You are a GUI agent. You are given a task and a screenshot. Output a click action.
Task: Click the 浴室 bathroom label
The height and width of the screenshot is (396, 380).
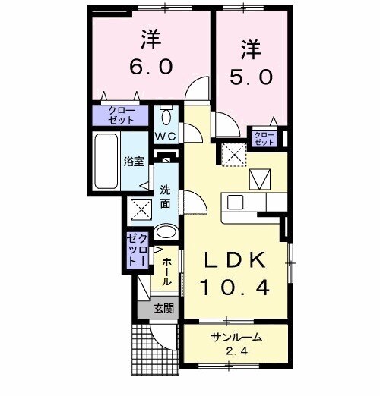point(134,162)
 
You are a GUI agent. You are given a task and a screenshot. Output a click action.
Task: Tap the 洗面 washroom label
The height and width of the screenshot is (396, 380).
point(165,194)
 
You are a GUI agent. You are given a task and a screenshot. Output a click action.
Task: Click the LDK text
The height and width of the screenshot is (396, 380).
point(234,260)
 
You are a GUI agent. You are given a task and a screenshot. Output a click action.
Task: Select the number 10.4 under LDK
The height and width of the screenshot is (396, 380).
point(234,288)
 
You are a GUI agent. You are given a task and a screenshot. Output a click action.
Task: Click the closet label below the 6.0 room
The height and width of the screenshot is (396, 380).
point(122,115)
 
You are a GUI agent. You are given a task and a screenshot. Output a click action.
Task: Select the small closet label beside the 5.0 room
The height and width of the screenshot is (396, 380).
point(264,138)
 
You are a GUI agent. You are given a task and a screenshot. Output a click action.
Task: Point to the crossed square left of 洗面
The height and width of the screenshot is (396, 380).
point(140,207)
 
